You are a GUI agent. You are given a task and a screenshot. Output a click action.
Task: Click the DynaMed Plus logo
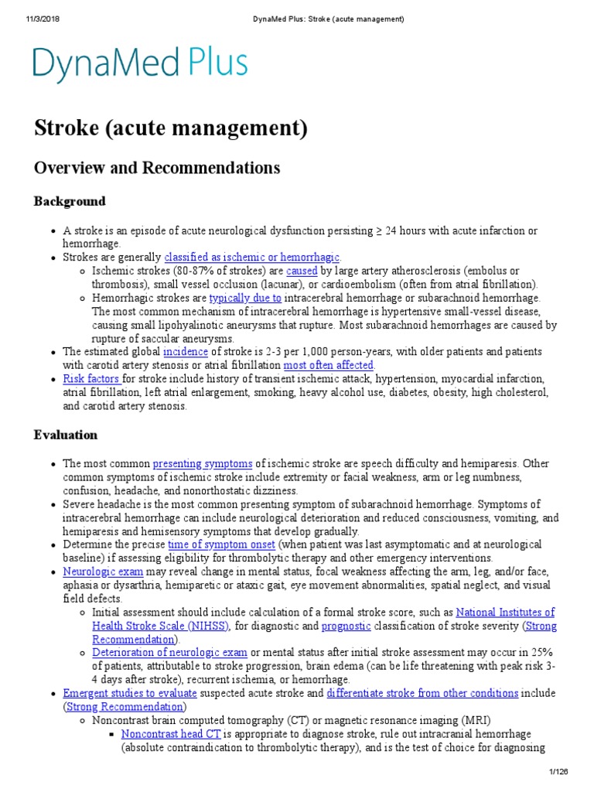(140, 65)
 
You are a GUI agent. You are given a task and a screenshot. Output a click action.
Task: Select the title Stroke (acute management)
(171, 128)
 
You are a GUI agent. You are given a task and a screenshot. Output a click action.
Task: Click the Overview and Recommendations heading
(157, 168)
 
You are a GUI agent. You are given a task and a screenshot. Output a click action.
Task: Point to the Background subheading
(70, 201)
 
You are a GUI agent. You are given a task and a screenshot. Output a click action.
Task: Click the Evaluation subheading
(66, 435)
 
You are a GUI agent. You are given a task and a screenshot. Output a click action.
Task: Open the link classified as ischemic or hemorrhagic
(252, 258)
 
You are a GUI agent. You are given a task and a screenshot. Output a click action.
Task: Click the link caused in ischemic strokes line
(302, 271)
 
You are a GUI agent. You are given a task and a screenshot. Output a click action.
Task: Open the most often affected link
(329, 365)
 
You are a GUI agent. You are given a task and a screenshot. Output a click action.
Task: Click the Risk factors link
(91, 379)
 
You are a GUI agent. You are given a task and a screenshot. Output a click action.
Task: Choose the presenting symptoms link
(203, 464)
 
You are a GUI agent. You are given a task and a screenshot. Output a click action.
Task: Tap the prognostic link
(346, 626)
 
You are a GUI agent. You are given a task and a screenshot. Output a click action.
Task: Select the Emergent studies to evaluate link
(130, 694)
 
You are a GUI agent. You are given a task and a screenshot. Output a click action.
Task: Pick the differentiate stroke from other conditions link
(422, 694)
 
